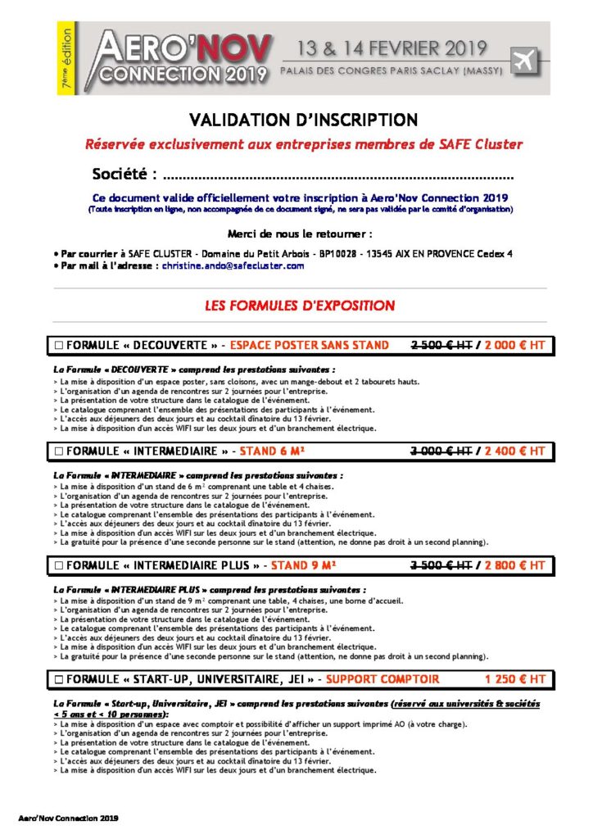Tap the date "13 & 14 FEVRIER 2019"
pos(384,48)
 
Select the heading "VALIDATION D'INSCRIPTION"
pos(303,120)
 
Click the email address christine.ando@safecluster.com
pos(233,265)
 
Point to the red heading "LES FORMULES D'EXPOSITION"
pos(300,306)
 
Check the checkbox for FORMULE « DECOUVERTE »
pos(58,346)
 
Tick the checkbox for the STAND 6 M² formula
pos(58,451)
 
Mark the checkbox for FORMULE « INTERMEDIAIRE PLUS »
pos(58,565)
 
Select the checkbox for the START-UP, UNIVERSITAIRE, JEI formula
pos(58,679)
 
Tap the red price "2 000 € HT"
pos(514,346)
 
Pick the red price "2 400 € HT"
pos(514,451)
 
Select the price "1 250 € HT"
pos(514,679)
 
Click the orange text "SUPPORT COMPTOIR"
pos(383,679)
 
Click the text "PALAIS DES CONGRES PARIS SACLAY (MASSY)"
pos(384,72)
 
